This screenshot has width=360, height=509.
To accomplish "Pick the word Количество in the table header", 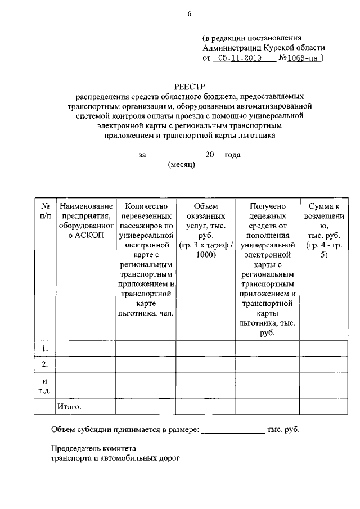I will click(147, 206).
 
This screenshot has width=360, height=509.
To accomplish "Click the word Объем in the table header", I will click(205, 206).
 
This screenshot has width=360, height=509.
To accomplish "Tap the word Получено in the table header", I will click(267, 206).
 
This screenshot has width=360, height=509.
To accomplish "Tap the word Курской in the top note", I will click(276, 48).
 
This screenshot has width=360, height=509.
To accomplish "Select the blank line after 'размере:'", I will click(233, 432).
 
